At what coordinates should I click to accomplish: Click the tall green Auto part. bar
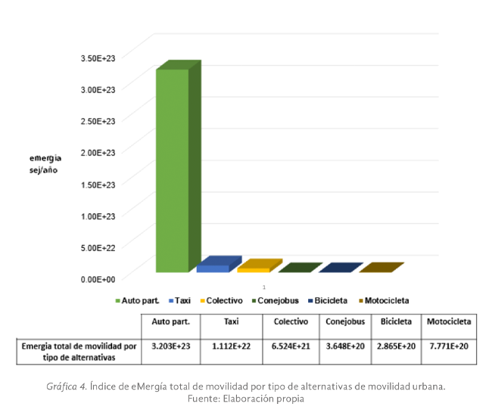(173, 170)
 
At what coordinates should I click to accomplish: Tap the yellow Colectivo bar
(254, 269)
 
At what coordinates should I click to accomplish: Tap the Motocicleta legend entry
(386, 300)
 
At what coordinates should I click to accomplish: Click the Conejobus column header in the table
(345, 321)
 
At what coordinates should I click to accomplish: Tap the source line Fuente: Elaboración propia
(245, 398)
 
